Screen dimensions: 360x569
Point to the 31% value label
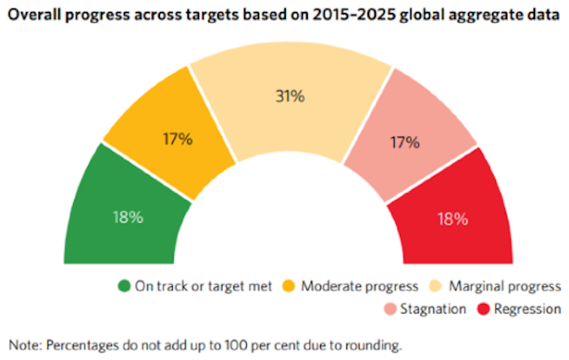pos(290,96)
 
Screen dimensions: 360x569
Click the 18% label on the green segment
pos(128,218)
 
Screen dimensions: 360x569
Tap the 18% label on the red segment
pos(454,220)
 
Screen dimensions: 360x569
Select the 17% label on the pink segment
pos(404,141)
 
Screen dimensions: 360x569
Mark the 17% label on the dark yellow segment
pos(178,139)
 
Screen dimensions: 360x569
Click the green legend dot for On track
pos(125,287)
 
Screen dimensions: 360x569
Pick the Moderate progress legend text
pos(359,287)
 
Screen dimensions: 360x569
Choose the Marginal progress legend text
pos(505,287)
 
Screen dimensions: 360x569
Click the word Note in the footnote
pos(24,346)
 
